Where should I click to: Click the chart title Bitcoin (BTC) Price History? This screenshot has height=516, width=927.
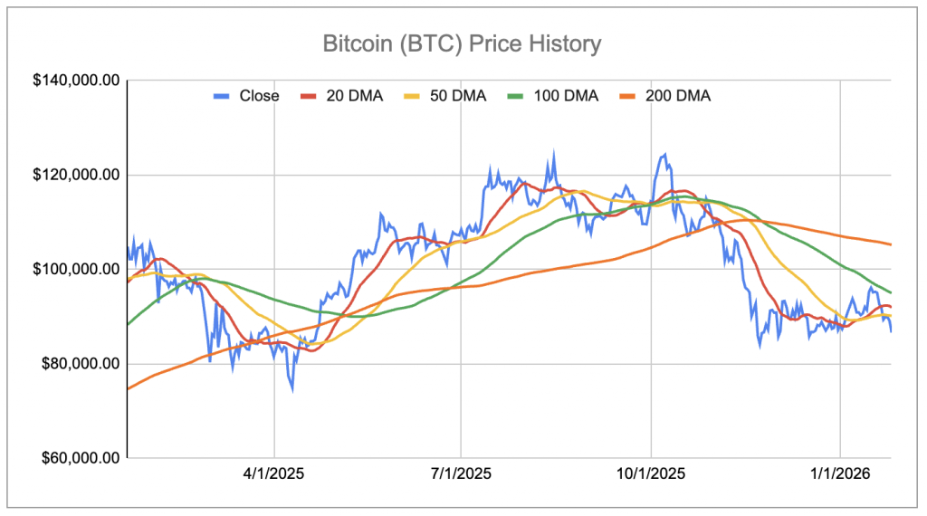(462, 43)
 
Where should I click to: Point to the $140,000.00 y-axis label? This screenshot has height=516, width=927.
(76, 81)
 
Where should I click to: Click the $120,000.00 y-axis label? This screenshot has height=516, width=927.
(76, 175)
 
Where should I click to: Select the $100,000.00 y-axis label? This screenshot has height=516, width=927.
(76, 270)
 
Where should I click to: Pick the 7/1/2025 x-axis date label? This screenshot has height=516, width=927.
(462, 473)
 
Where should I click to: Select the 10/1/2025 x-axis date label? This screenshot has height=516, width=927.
(651, 473)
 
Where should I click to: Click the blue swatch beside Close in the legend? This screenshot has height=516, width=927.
(221, 95)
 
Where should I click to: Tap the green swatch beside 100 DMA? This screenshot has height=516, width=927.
(518, 95)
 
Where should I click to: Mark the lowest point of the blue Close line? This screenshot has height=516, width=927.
(291, 390)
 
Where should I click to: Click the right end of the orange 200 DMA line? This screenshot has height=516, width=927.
(891, 244)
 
